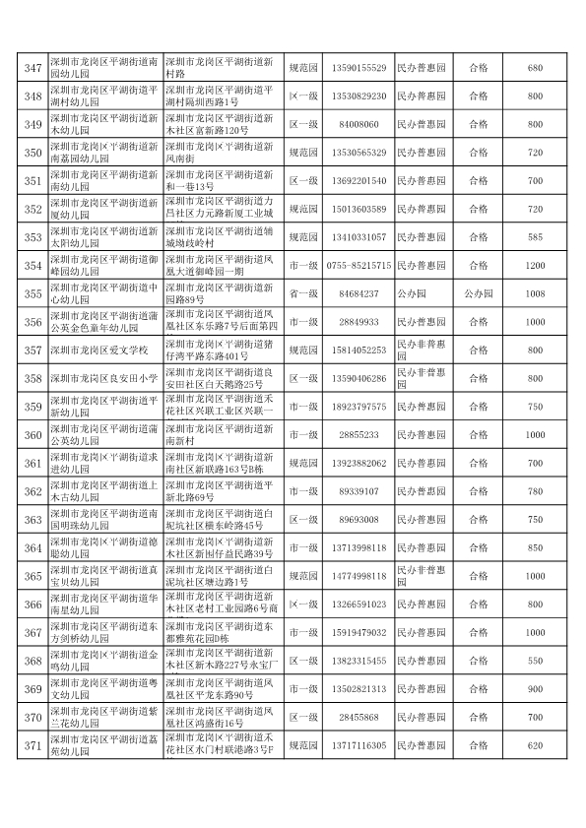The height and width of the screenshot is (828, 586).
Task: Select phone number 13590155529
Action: (x=358, y=68)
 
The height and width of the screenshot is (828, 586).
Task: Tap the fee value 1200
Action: (x=535, y=266)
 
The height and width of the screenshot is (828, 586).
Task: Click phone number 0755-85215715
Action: (x=358, y=266)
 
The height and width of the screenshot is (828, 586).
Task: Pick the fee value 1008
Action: (x=535, y=293)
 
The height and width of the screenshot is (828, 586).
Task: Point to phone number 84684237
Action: (x=358, y=293)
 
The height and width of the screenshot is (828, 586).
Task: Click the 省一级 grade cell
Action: (x=302, y=293)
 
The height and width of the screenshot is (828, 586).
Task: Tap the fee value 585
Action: (x=535, y=237)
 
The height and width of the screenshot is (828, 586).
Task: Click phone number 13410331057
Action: (x=358, y=237)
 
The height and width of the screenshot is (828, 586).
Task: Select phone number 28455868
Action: (x=358, y=718)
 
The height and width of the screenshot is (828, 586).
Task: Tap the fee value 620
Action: (x=535, y=745)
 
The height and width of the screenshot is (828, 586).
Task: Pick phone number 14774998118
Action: (x=358, y=576)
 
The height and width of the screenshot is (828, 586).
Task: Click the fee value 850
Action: (x=535, y=547)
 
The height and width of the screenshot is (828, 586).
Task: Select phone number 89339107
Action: (x=358, y=491)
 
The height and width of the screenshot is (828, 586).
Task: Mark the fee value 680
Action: (x=535, y=68)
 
